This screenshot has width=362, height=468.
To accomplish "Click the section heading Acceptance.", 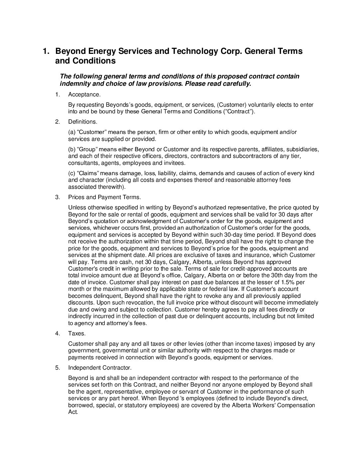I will [84, 95].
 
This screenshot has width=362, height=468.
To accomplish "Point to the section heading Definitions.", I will [83, 122].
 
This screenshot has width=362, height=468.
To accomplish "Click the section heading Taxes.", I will [77, 333].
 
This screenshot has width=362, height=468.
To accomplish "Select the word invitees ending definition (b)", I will [175, 163].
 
